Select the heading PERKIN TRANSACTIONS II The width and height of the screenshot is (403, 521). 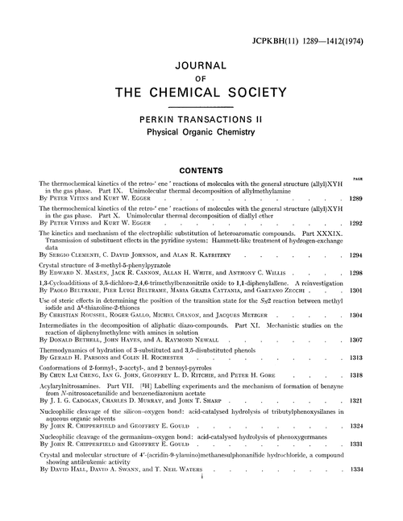(201, 118)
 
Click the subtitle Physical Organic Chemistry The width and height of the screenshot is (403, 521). (201, 131)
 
